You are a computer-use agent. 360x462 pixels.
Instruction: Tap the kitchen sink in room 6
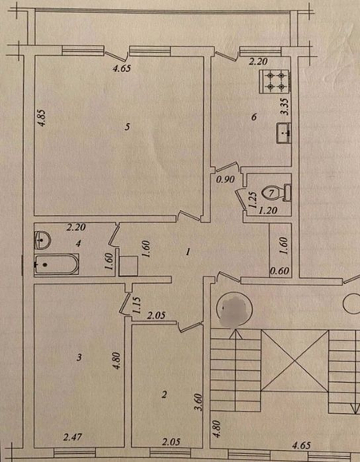284,133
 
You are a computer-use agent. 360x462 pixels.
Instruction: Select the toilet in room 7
276,193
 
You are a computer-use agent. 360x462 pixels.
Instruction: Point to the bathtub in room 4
56,265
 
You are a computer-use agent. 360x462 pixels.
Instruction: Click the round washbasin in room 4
42,240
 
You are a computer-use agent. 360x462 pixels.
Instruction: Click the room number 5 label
126,127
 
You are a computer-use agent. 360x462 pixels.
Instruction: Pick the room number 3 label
78,358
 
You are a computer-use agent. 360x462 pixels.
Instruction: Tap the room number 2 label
165,394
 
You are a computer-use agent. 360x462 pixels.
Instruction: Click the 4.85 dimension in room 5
42,117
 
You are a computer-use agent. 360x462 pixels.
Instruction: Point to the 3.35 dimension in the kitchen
285,107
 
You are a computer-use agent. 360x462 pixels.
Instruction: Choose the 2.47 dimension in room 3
73,437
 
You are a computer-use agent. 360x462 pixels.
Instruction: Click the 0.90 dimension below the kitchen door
225,179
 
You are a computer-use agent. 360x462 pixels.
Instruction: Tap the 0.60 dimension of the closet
280,270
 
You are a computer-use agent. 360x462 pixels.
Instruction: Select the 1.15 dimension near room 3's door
137,305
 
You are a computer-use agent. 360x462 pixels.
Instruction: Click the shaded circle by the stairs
234,310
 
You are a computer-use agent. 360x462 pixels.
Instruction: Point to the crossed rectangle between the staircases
295,360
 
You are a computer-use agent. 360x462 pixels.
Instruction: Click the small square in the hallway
128,265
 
